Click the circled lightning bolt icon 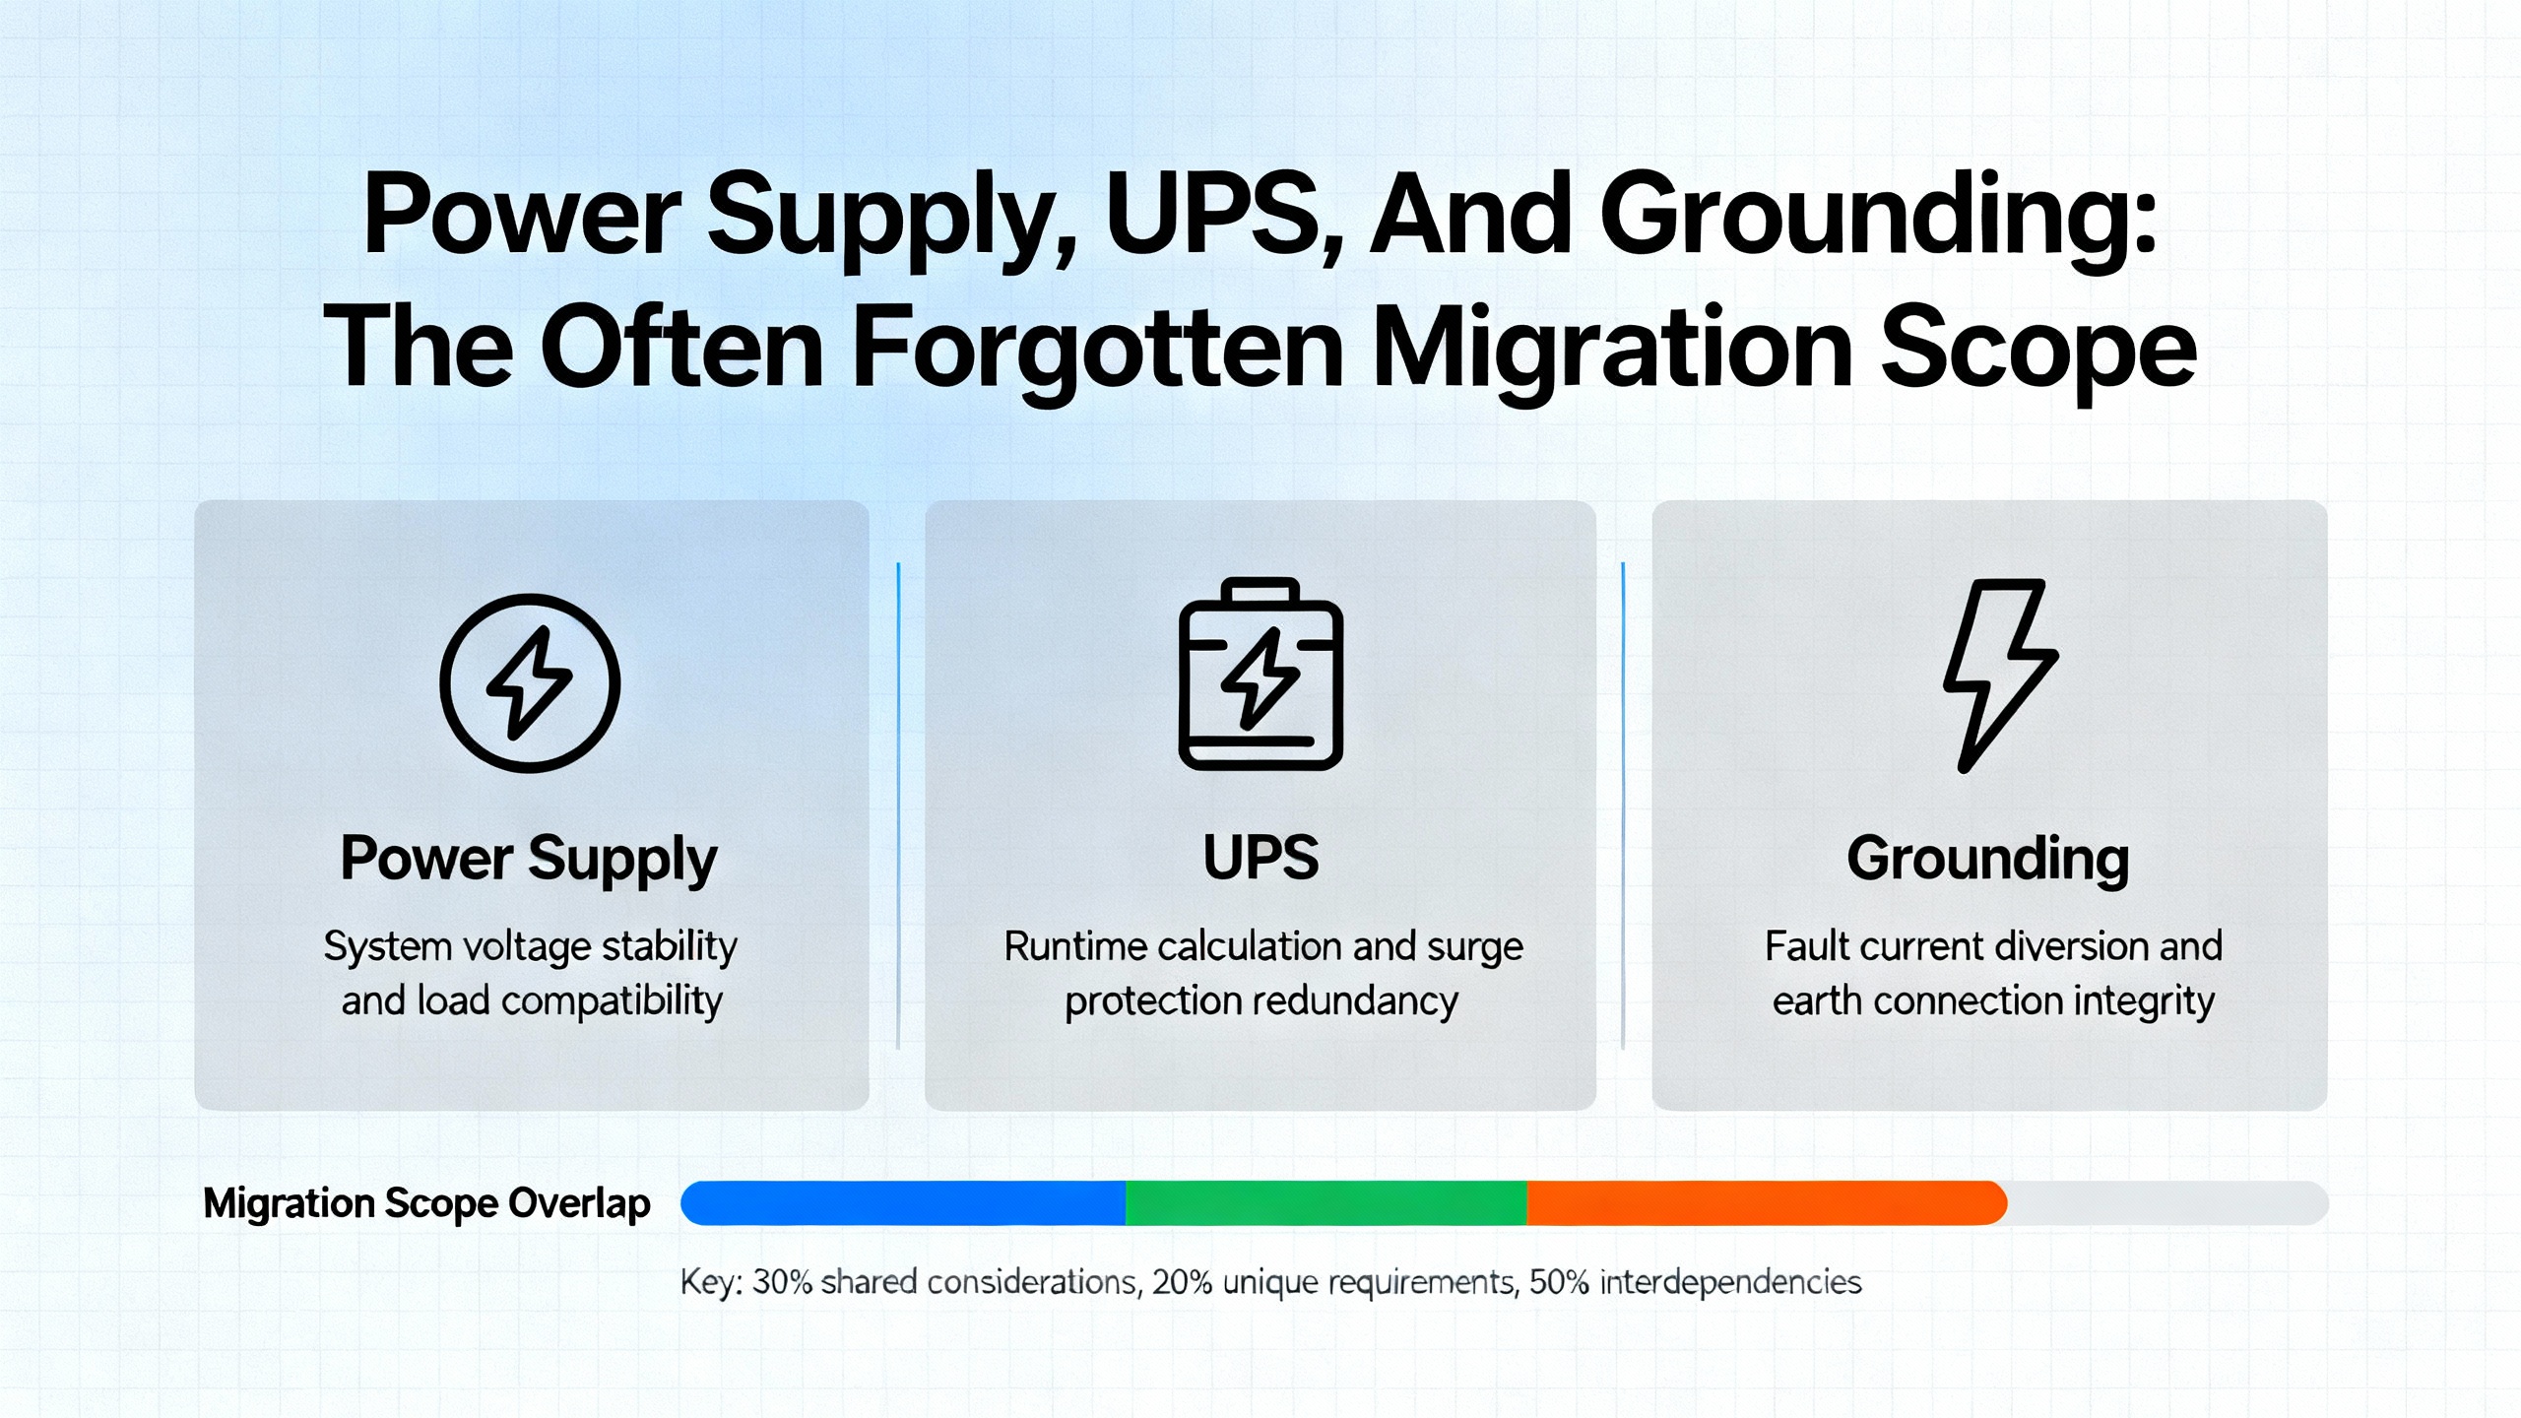[530, 682]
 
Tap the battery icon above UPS [1260, 674]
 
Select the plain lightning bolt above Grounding [1999, 676]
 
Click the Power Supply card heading [529, 859]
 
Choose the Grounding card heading [1988, 859]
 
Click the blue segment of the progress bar [903, 1202]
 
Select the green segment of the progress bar [1326, 1202]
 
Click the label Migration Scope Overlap [426, 1203]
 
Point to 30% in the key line [783, 1282]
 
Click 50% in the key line [1560, 1282]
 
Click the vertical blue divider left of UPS [898, 806]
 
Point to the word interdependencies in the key [1730, 1282]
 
